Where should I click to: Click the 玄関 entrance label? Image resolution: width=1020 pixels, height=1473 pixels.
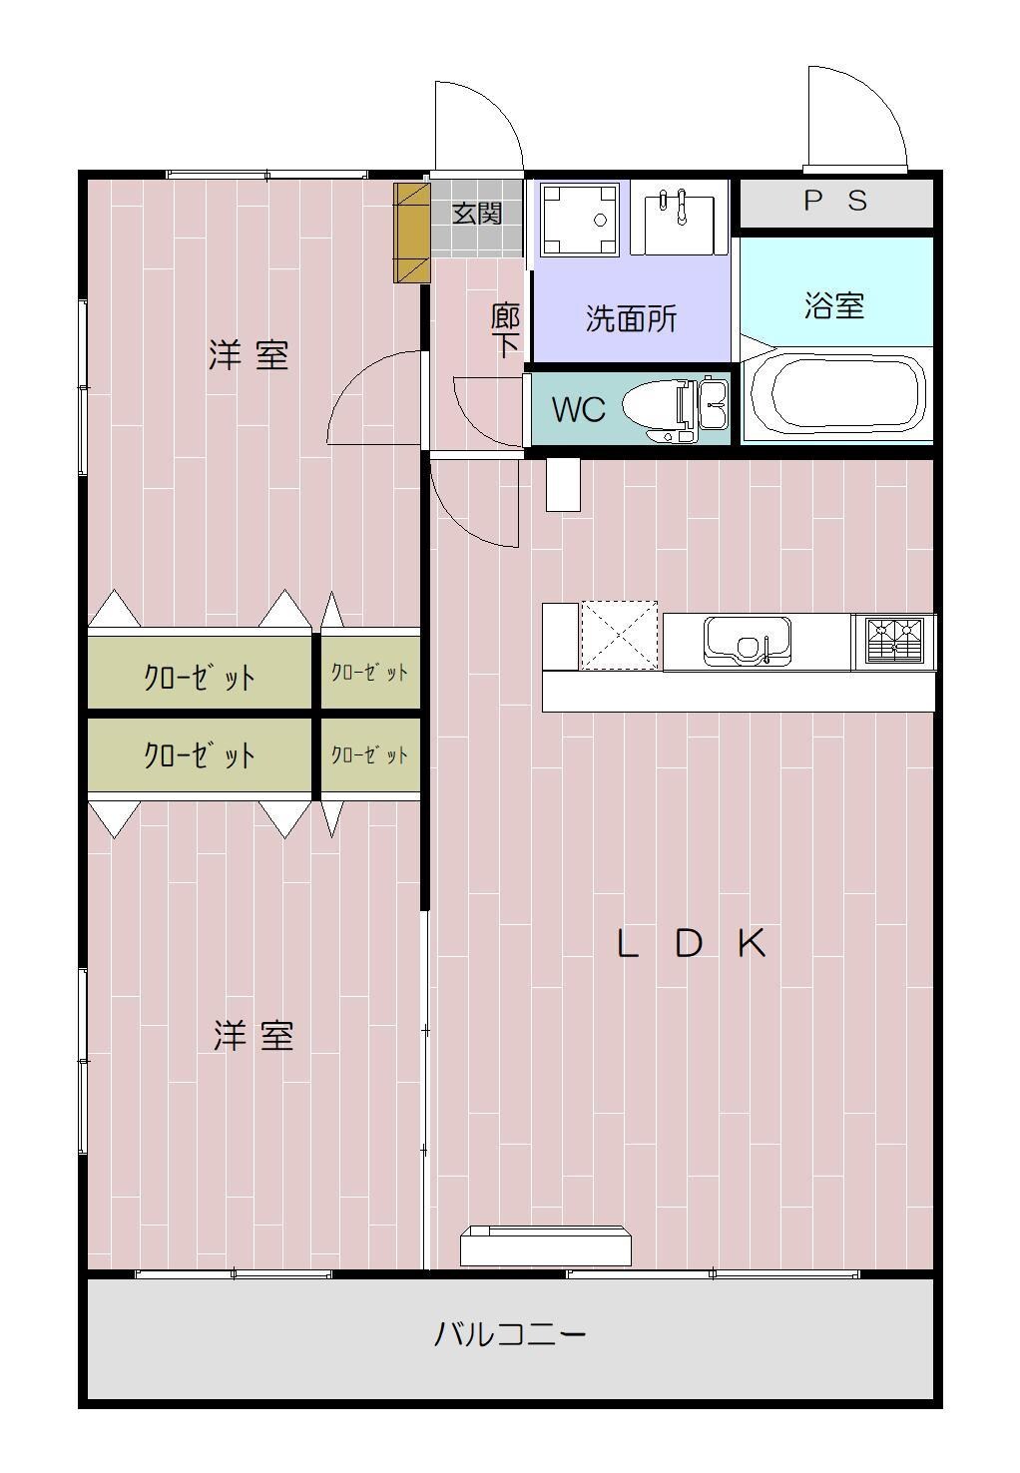tap(477, 213)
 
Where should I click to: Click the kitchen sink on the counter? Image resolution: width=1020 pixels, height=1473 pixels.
tap(747, 639)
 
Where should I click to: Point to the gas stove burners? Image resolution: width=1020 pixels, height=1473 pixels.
tap(894, 641)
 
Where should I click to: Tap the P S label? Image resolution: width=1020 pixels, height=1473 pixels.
tap(835, 202)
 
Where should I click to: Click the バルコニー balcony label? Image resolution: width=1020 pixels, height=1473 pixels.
tap(509, 1333)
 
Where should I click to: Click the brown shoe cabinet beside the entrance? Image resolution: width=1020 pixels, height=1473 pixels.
tap(411, 233)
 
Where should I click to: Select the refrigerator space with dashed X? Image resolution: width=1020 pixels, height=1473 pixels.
tap(619, 635)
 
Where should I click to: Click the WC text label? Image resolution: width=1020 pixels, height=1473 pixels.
tap(578, 409)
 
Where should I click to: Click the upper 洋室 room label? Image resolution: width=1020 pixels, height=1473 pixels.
tap(249, 354)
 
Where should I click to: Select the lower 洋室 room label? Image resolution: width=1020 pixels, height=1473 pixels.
tap(254, 1036)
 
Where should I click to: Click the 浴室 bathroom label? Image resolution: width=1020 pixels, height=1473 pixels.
tap(833, 305)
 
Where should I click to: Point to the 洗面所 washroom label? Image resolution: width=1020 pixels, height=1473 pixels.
tap(631, 319)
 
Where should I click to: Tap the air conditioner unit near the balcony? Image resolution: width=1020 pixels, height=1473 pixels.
tap(546, 1245)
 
